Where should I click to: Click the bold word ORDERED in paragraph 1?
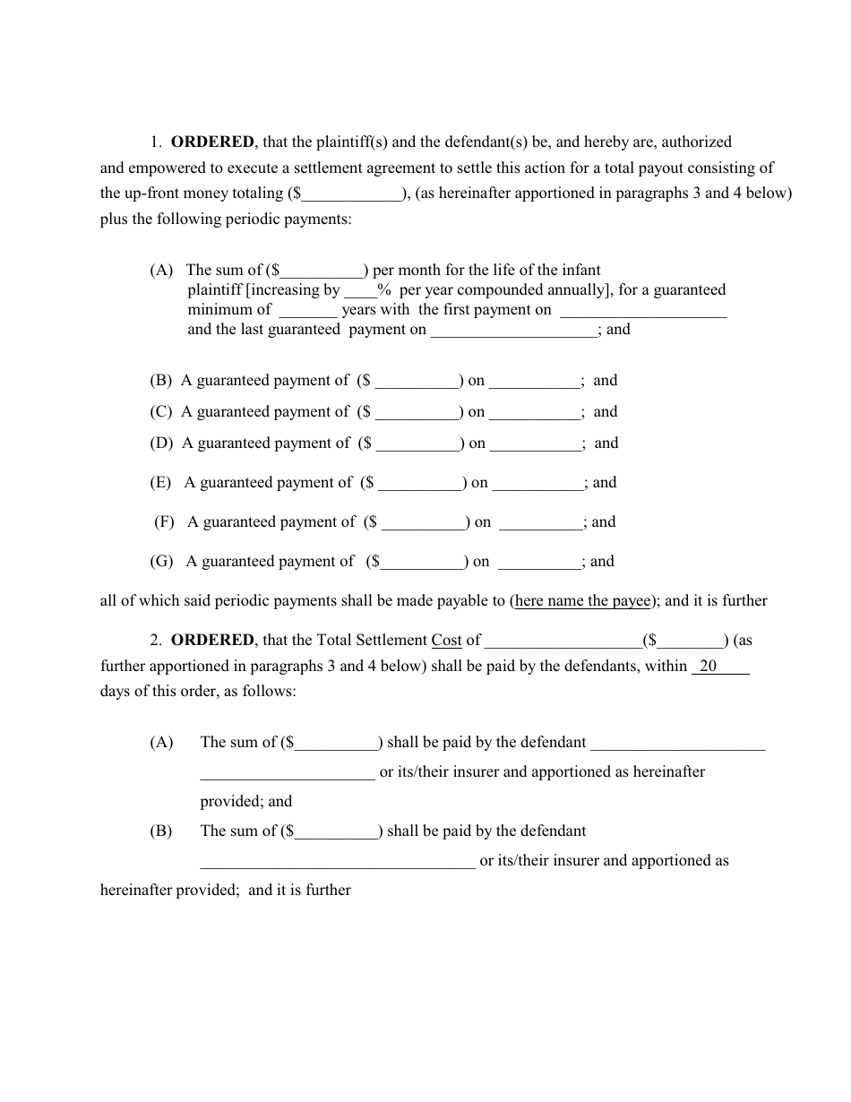[x=212, y=142]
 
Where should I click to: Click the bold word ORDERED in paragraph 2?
[x=212, y=640]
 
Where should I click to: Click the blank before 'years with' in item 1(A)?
[x=307, y=311]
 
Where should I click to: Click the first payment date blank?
[x=642, y=311]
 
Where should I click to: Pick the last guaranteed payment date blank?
[x=514, y=331]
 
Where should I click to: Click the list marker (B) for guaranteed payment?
[x=161, y=380]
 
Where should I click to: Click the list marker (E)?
[x=161, y=482]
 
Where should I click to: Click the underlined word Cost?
[x=446, y=640]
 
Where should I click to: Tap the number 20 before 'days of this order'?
[x=708, y=666]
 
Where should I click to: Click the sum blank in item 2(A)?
[x=336, y=744]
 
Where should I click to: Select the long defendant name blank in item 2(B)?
[x=337, y=862]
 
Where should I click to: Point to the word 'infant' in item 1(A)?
[x=580, y=270]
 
